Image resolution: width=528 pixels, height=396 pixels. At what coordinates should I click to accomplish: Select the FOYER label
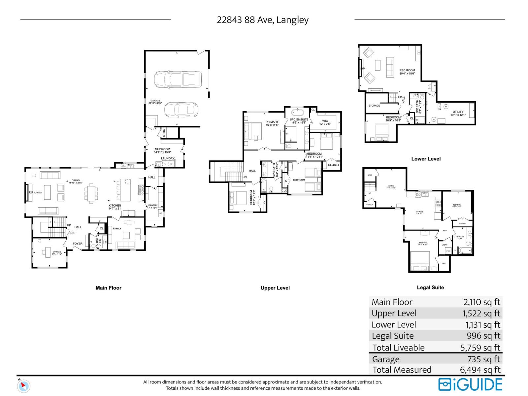click(x=78, y=244)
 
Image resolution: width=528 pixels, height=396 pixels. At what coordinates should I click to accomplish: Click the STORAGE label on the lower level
click(x=374, y=106)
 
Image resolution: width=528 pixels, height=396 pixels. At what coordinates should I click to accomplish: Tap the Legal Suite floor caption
click(x=430, y=287)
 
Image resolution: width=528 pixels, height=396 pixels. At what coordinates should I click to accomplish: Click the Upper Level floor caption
click(x=275, y=288)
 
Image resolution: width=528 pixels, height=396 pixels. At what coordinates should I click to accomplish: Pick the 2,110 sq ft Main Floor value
click(x=481, y=302)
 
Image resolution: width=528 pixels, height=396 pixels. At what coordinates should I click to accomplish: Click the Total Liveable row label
click(x=398, y=347)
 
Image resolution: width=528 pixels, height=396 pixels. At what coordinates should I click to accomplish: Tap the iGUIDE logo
click(x=470, y=384)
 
